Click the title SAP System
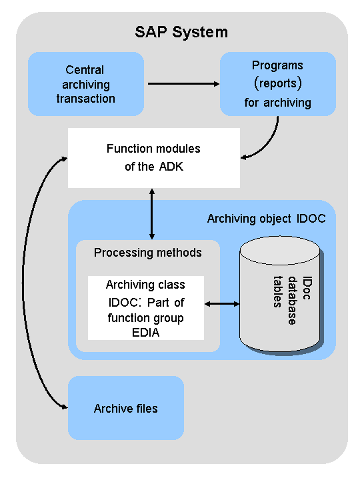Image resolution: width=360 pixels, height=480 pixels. pyautogui.click(x=181, y=32)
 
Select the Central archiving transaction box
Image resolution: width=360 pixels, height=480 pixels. pyautogui.click(x=86, y=84)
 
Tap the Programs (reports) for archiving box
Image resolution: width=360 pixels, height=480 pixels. pyautogui.click(x=278, y=84)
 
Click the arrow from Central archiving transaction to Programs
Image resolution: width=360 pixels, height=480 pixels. pyautogui.click(x=184, y=83)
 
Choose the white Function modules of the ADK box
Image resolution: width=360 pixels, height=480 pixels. pyautogui.click(x=154, y=158)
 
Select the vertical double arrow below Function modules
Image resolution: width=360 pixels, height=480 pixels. pyautogui.click(x=152, y=214)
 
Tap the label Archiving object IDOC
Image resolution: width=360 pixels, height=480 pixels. pyautogui.click(x=266, y=219)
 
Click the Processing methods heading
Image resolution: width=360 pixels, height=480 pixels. pyautogui.click(x=147, y=253)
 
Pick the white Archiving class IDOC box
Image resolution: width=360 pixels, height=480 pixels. pyautogui.click(x=146, y=308)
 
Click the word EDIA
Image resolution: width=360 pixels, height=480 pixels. pyautogui.click(x=146, y=333)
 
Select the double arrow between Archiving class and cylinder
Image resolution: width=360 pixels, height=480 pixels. pyautogui.click(x=222, y=304)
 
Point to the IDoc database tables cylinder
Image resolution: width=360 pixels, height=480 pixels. pyautogui.click(x=280, y=295)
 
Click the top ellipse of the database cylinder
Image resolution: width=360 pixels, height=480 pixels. pyautogui.click(x=280, y=251)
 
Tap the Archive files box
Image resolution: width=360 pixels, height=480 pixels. pyautogui.click(x=126, y=408)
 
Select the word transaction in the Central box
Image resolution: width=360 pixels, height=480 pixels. pyautogui.click(x=86, y=99)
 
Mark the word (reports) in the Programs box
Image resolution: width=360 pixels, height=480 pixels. pyautogui.click(x=278, y=83)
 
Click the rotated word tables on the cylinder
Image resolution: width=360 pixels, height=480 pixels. pyautogui.click(x=277, y=292)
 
